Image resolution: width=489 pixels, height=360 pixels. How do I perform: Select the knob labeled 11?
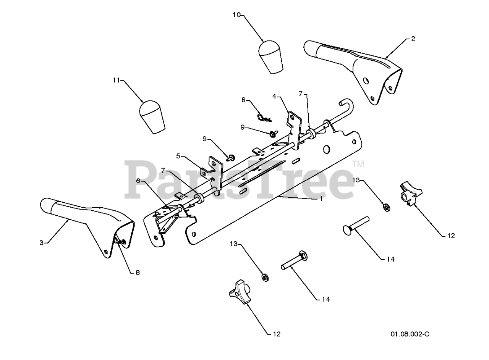click(x=152, y=117)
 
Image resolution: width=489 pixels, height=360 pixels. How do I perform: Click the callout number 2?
click(x=413, y=39)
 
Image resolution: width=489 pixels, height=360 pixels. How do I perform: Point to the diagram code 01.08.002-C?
click(x=410, y=334)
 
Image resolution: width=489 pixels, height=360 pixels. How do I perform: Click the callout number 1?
click(x=321, y=199)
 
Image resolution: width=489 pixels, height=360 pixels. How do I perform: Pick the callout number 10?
click(x=236, y=15)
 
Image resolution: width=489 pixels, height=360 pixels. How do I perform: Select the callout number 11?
click(x=116, y=80)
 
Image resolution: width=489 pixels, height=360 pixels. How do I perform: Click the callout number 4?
click(x=274, y=96)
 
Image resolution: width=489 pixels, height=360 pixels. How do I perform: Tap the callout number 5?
click(x=178, y=155)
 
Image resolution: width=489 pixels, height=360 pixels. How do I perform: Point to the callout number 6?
click(x=138, y=181)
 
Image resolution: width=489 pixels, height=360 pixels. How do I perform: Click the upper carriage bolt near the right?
click(x=355, y=226)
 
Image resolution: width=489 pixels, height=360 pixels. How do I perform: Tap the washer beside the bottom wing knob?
click(x=264, y=276)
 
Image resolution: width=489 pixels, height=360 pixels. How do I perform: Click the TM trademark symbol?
click(x=358, y=164)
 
